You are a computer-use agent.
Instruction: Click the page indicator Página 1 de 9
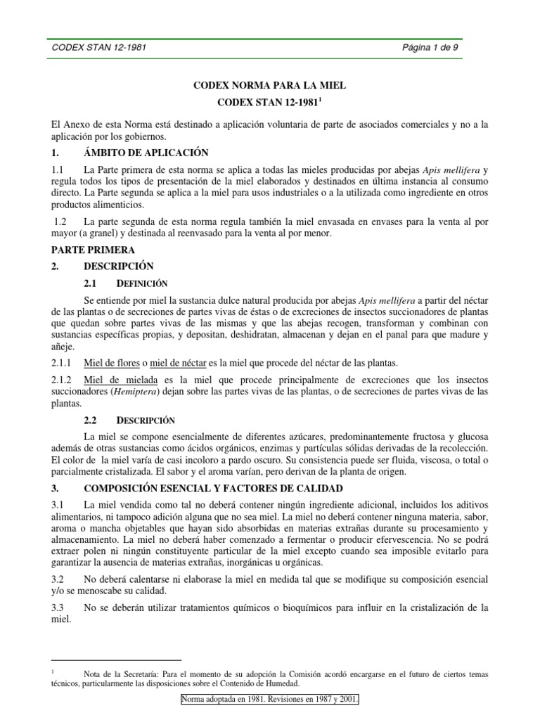pos(430,49)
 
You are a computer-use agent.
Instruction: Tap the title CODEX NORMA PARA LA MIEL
pos(270,85)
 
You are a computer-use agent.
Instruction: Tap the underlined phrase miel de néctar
pos(176,363)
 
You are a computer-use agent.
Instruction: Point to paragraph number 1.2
pos(60,222)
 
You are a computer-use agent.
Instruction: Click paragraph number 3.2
pos(58,579)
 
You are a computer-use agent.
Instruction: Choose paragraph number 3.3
pos(58,607)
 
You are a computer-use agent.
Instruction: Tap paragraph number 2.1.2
pos(63,380)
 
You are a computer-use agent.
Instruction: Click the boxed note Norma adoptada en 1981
pos(270,700)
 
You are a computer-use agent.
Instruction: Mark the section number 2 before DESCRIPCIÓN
pos(55,266)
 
